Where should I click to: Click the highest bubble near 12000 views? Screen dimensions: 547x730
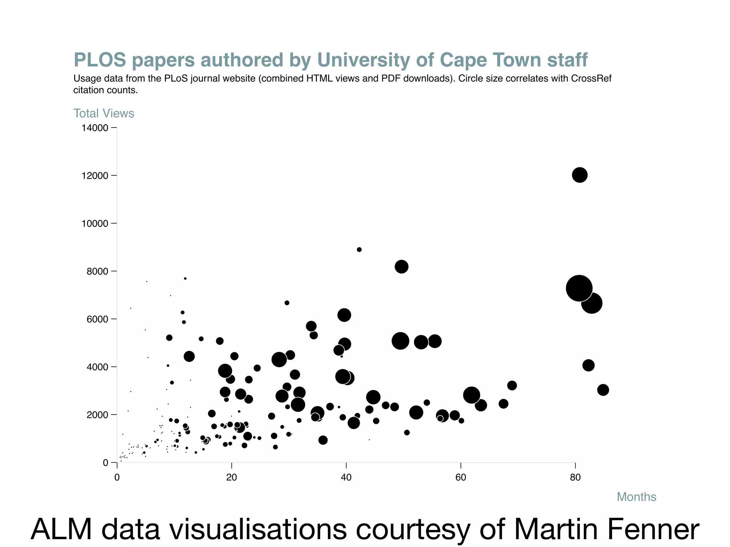(580, 175)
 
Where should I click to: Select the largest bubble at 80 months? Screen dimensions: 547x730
(579, 288)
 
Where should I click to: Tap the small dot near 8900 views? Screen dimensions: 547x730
(359, 250)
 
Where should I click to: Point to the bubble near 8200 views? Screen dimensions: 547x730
(401, 267)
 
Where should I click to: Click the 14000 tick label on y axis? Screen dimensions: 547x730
(95, 128)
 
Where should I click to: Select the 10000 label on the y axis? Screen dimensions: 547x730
(95, 224)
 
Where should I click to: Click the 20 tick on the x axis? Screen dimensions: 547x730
(232, 478)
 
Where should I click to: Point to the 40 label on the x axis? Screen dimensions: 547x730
(346, 478)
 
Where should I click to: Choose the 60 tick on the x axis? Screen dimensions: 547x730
(461, 478)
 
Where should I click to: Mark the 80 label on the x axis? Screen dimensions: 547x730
(575, 478)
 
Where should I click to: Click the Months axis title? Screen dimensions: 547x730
(636, 497)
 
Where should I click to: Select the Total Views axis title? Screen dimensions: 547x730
(104, 113)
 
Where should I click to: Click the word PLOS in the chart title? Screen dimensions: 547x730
(100, 60)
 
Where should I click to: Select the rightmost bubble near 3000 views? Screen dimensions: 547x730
(603, 390)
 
